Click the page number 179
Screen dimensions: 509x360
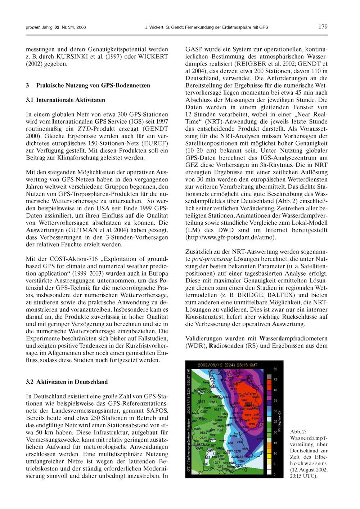pos(323,27)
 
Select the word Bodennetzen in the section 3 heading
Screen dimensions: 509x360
pos(132,85)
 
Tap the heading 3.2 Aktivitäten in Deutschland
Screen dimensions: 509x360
pos(67,382)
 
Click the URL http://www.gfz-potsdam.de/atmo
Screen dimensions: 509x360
pos(230,237)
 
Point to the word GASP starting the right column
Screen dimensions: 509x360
pos(193,49)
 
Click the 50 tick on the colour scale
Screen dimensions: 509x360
pos(275,369)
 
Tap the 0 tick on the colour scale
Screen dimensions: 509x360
pos(275,475)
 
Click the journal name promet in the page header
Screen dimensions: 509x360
pos(32,27)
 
